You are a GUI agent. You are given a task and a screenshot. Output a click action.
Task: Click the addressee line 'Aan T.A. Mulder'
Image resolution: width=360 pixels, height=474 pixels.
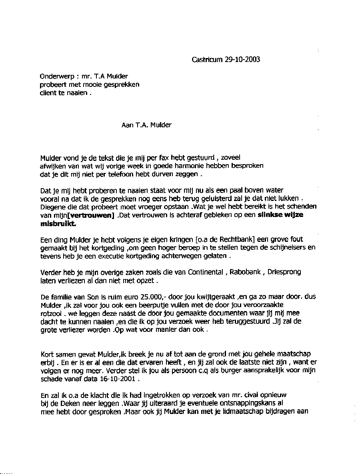(146, 125)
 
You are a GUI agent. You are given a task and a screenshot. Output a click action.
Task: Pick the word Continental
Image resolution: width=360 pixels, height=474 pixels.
(204, 272)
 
